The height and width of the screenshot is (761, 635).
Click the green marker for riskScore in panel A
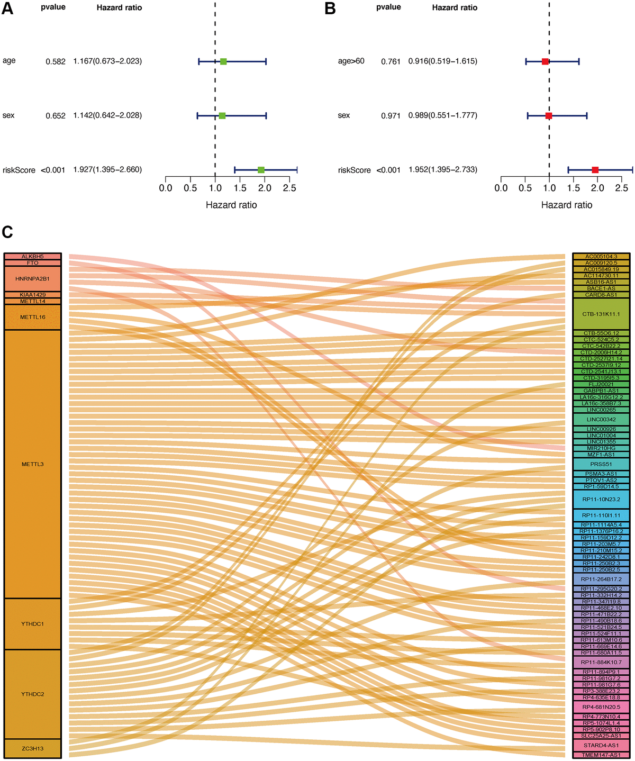click(x=261, y=170)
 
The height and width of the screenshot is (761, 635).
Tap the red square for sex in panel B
click(x=549, y=115)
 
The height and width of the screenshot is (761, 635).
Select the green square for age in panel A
click(x=223, y=61)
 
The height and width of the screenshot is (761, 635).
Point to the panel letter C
click(x=7, y=232)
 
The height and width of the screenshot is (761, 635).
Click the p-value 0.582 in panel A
click(x=56, y=61)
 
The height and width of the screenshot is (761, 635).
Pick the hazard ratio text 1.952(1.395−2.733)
click(x=443, y=170)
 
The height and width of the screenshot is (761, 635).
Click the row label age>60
click(x=351, y=61)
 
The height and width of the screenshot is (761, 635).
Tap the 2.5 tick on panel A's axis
click(x=289, y=188)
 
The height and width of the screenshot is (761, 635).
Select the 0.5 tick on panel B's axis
click(x=525, y=188)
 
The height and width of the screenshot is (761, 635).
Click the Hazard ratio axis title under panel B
click(x=566, y=205)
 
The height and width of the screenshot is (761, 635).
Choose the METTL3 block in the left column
click(x=33, y=464)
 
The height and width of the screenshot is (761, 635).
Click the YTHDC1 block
click(x=33, y=624)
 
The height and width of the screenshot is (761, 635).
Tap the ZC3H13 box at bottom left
click(x=33, y=748)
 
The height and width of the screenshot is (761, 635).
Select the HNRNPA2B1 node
click(x=33, y=278)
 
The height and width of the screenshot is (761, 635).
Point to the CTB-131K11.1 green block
click(x=601, y=314)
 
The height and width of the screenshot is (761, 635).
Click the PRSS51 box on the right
click(x=601, y=464)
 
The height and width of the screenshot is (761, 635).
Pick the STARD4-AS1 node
click(x=601, y=745)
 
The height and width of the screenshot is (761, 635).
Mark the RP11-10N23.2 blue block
click(x=601, y=499)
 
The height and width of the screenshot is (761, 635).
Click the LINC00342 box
click(x=601, y=419)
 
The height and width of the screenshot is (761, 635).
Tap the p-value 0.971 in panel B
click(x=391, y=115)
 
